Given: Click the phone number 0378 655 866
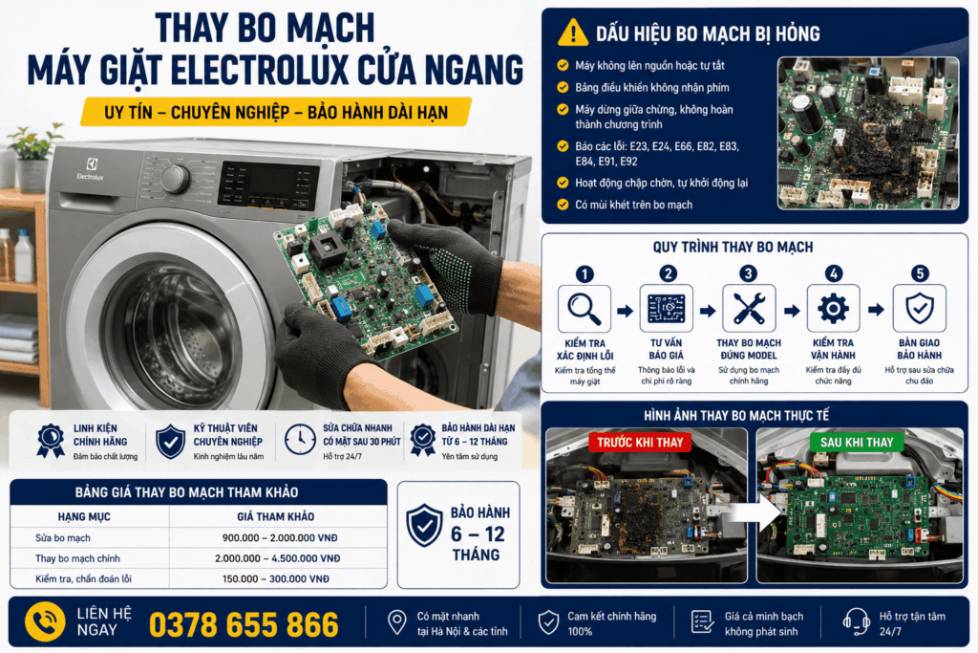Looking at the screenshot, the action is point(244,624).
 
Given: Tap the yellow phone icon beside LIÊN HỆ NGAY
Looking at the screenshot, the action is point(45,622).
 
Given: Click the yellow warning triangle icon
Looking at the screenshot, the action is point(573,33).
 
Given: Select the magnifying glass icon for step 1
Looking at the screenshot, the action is point(584,309).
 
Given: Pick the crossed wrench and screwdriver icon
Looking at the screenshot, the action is point(749,309).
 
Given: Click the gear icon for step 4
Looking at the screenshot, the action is point(833,309).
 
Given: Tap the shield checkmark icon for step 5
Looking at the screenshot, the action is point(920,309).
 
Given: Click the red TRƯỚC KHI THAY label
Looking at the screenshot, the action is point(640,443).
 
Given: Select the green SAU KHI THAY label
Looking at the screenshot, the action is point(857,443).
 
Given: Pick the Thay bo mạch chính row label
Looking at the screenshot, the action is point(77,558).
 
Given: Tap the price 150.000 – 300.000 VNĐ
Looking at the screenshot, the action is point(276,578).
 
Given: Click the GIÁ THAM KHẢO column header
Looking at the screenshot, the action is point(276,516).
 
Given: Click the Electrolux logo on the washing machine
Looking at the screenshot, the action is point(91,168).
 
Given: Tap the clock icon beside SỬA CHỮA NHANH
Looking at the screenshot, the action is point(300,440).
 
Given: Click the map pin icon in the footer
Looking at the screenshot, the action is point(396,622).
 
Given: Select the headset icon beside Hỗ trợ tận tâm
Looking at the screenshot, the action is point(856,621).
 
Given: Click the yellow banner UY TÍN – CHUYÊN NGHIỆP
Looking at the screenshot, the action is point(276,113).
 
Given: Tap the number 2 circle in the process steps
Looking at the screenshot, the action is point(668,273).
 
